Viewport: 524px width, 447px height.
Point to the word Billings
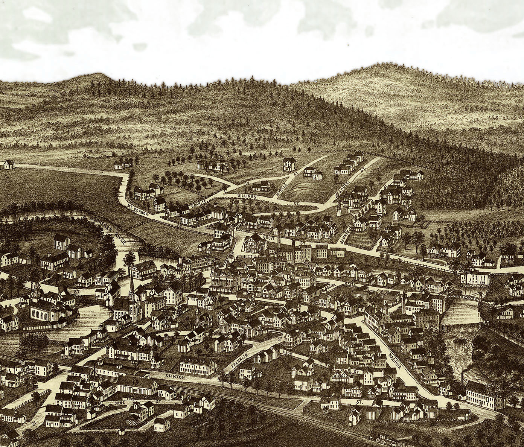[x=247, y=196]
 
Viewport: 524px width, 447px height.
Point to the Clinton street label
[x=175, y=376]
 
